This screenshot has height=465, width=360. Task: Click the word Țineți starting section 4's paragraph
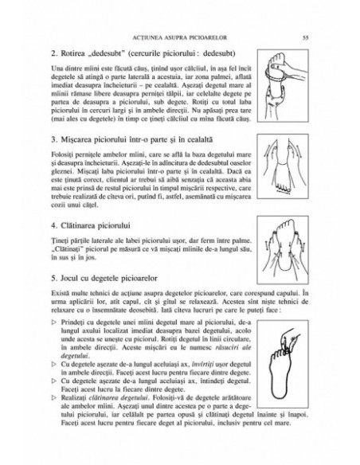coord(59,243)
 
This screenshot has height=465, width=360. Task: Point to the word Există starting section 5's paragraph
coord(60,295)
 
